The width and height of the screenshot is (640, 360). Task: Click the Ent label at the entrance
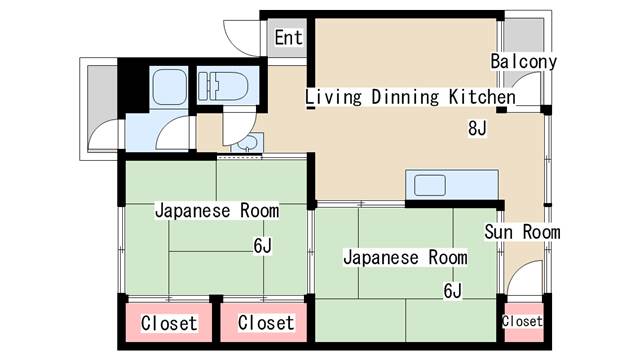tap(289, 38)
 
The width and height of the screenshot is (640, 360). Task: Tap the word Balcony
tap(524, 62)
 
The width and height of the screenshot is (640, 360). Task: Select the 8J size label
tap(477, 129)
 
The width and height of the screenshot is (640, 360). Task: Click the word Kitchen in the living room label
tap(482, 97)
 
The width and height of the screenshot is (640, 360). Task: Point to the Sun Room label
tap(522, 232)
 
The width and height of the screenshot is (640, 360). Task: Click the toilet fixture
tap(223, 86)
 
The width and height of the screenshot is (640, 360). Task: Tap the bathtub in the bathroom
tap(169, 87)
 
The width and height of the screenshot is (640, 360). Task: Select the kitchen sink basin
tap(429, 185)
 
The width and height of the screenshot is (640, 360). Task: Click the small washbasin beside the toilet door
tap(247, 143)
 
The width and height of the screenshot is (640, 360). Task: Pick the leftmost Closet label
tap(169, 323)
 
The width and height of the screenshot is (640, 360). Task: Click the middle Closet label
tap(266, 322)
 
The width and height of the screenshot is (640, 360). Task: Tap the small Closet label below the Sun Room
tap(522, 321)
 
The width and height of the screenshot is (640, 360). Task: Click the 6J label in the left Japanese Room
tap(262, 246)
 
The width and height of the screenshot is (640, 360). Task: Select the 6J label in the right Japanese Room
tap(453, 291)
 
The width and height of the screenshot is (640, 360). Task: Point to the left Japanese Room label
tap(217, 211)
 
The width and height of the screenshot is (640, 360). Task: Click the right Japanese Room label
tap(405, 258)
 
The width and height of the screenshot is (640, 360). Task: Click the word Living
tap(333, 98)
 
